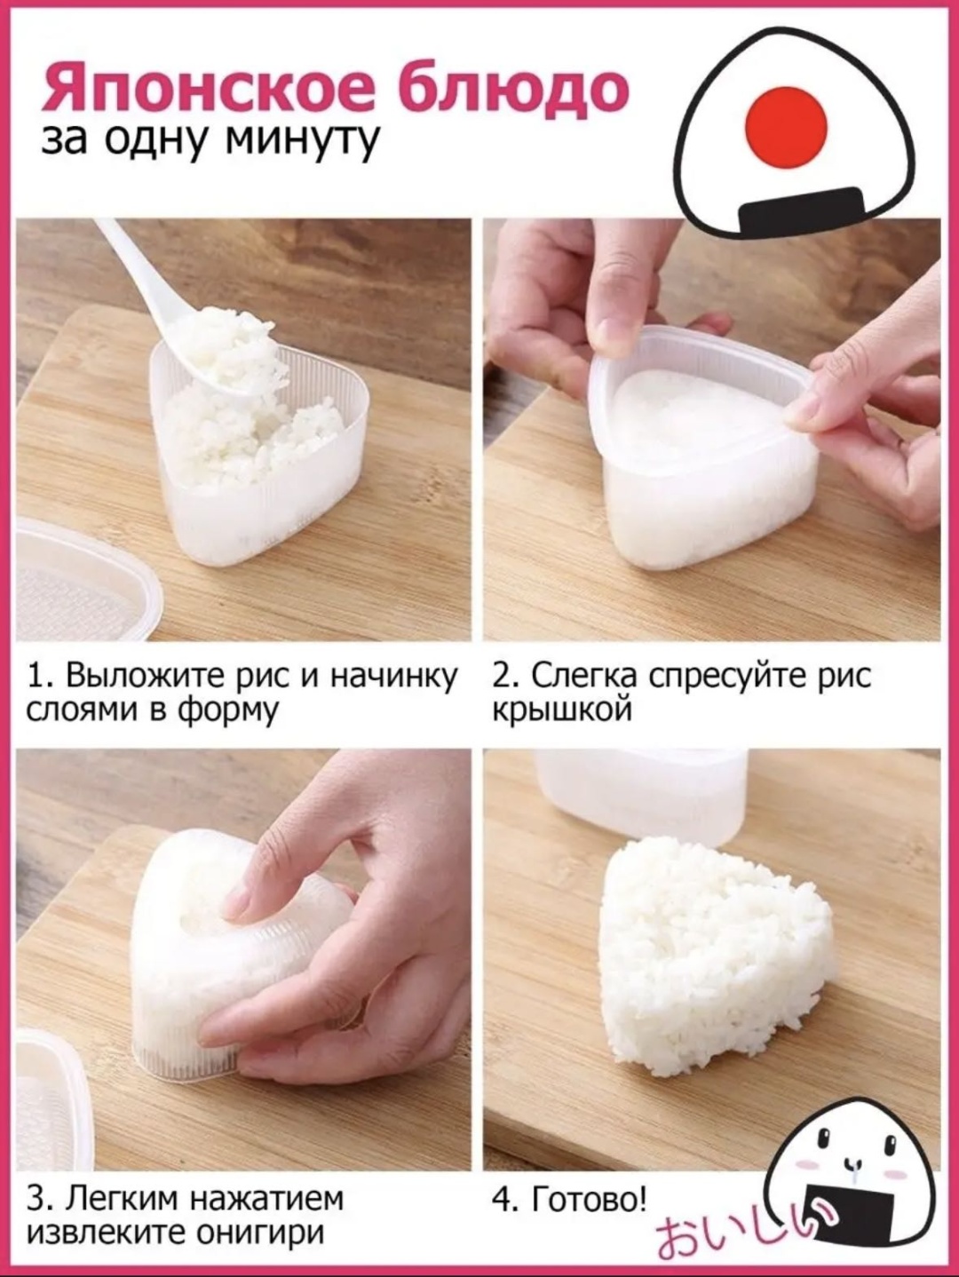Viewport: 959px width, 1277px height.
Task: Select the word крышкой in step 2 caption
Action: coord(563,710)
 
